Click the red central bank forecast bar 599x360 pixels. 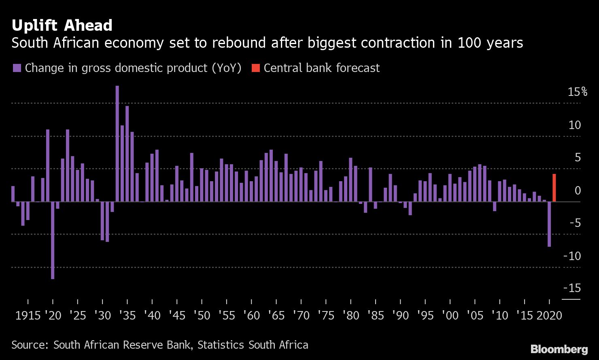pos(554,188)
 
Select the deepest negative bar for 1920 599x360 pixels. pos(53,240)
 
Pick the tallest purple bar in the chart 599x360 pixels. pos(117,143)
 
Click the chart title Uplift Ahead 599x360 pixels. pos(62,25)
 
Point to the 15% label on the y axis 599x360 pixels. pos(577,92)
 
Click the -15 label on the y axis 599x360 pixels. pos(572,288)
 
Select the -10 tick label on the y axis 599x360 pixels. pos(572,256)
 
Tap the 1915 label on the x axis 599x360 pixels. pos(28,316)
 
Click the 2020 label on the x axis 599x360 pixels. pos(549,316)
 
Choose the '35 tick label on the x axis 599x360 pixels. pos(127,316)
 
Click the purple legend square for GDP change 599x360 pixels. pos(17,68)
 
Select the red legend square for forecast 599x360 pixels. pos(255,68)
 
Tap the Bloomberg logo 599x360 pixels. pos(559,349)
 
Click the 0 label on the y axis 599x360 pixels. pos(578,190)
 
